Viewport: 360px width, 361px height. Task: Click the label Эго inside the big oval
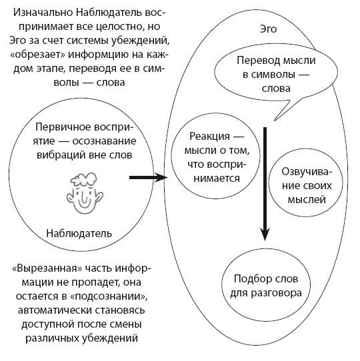[x=268, y=29]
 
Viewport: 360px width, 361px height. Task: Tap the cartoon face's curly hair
[x=83, y=179]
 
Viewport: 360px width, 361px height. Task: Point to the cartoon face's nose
[x=84, y=196]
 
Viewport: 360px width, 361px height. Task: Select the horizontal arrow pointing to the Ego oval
[x=148, y=177]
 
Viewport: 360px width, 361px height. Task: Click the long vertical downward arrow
[x=265, y=184]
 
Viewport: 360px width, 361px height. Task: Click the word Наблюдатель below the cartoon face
[x=79, y=234]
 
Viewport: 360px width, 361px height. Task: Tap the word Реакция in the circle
[x=209, y=137]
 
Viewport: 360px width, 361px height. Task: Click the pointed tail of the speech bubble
[x=275, y=120]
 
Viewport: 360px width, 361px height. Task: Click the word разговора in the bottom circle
[x=277, y=293]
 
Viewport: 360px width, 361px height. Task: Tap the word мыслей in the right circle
[x=307, y=200]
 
